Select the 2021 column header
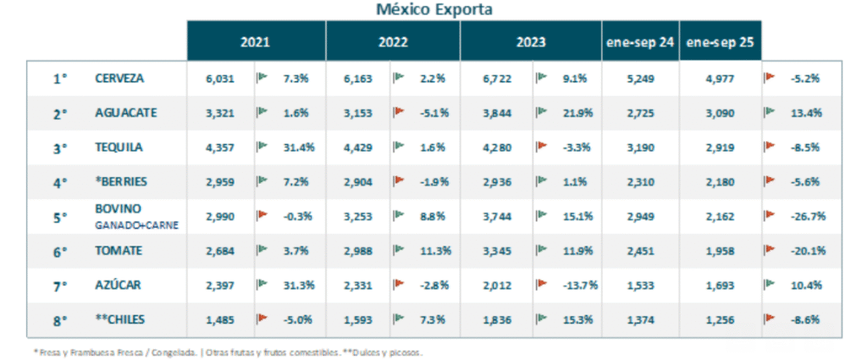tap(256, 42)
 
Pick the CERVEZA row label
tap(119, 78)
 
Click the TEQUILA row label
tap(119, 147)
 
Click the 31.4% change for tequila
tap(298, 147)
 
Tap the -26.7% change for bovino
tap(808, 216)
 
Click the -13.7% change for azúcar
tap(580, 285)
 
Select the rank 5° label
tap(59, 217)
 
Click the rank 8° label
tap(59, 320)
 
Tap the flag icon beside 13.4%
tap(770, 112)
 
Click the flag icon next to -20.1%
tap(770, 250)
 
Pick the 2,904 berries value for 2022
tap(356, 182)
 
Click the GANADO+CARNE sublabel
tap(135, 225)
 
